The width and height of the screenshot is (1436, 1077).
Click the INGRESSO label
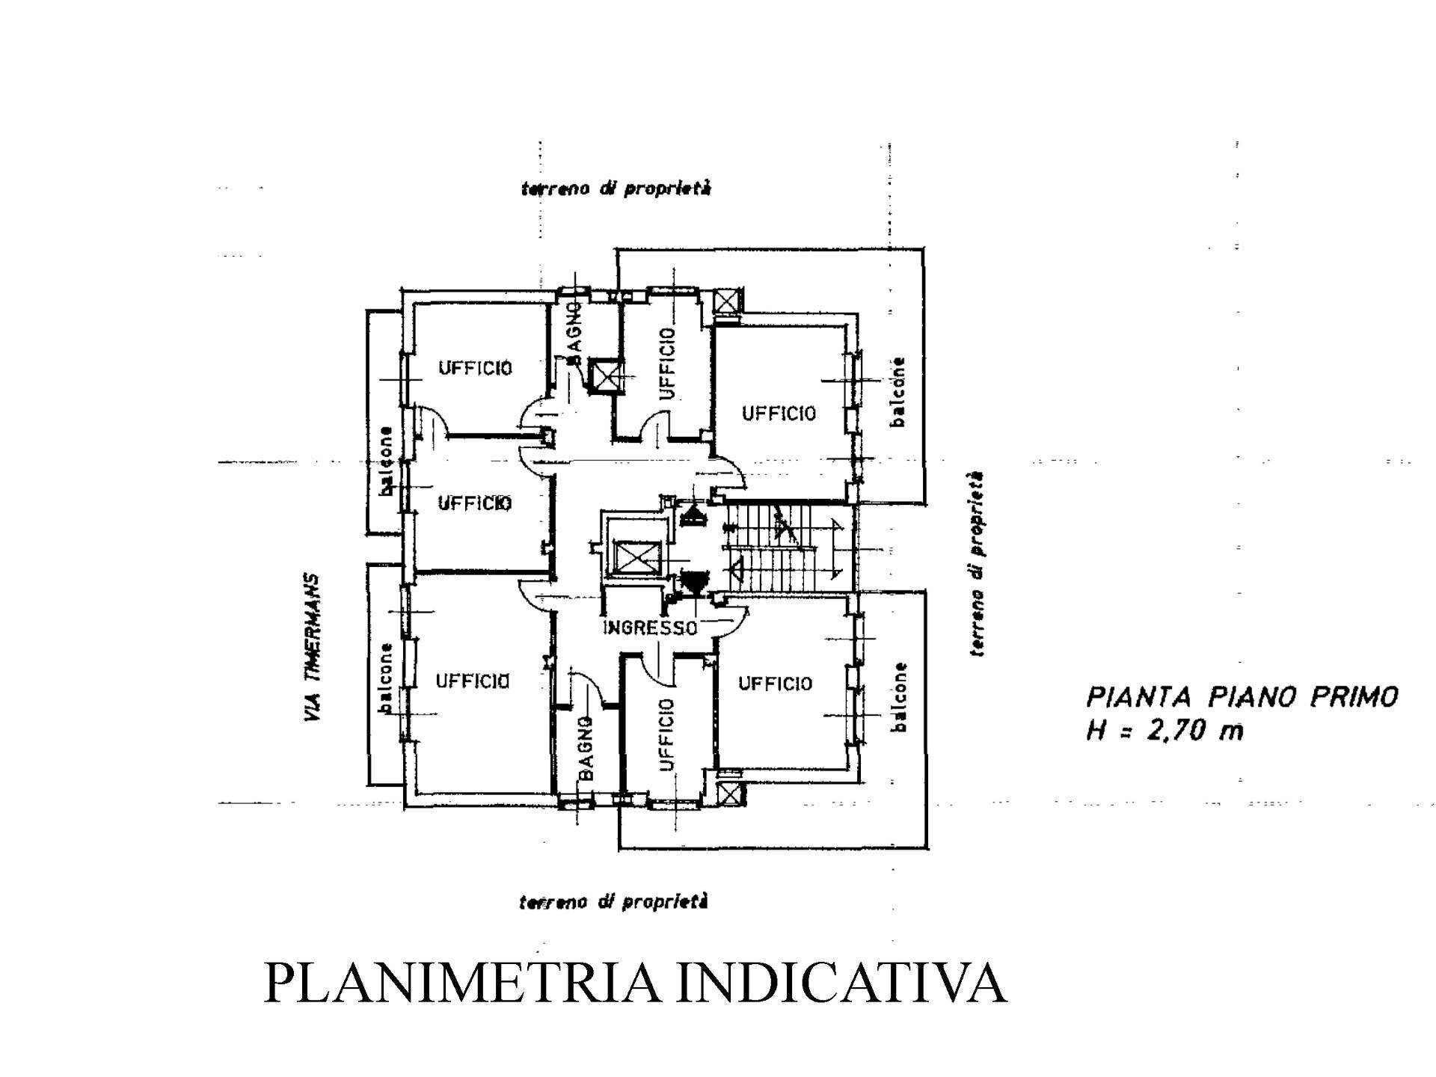point(650,628)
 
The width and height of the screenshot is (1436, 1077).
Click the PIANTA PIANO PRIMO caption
point(1242,697)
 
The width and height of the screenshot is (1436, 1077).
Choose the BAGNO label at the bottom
point(586,748)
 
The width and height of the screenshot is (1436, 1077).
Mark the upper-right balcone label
point(898,391)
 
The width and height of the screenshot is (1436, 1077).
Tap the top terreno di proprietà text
point(616,188)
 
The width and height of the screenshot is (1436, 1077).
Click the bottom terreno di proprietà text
point(613,902)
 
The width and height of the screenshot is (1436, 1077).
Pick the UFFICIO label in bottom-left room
point(473,681)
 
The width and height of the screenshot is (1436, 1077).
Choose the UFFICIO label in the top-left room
point(475,368)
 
